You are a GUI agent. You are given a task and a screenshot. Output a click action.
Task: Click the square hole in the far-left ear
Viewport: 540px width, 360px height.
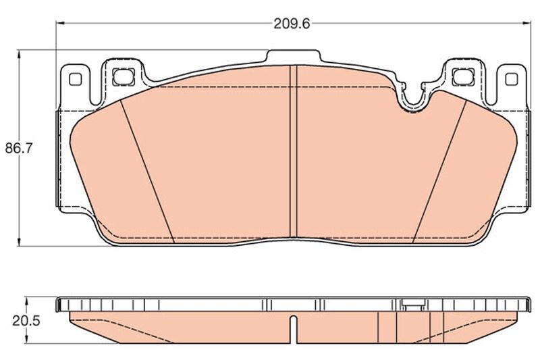pyautogui.click(x=74, y=78)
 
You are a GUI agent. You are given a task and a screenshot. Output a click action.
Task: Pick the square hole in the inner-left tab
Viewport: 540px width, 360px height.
pyautogui.click(x=122, y=76)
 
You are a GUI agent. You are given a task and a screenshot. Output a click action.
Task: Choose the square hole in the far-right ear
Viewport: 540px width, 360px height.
pyautogui.click(x=510, y=78)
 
